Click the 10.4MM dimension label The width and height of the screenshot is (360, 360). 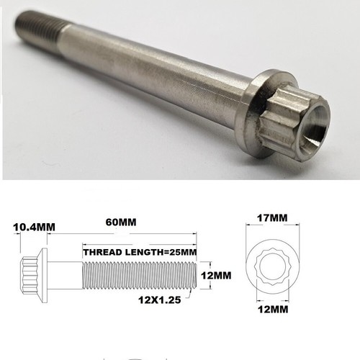coord(30,228)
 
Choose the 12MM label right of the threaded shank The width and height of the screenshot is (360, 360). coord(217,274)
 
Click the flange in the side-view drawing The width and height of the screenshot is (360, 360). coord(45,274)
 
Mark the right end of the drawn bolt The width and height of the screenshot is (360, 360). coord(192,274)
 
